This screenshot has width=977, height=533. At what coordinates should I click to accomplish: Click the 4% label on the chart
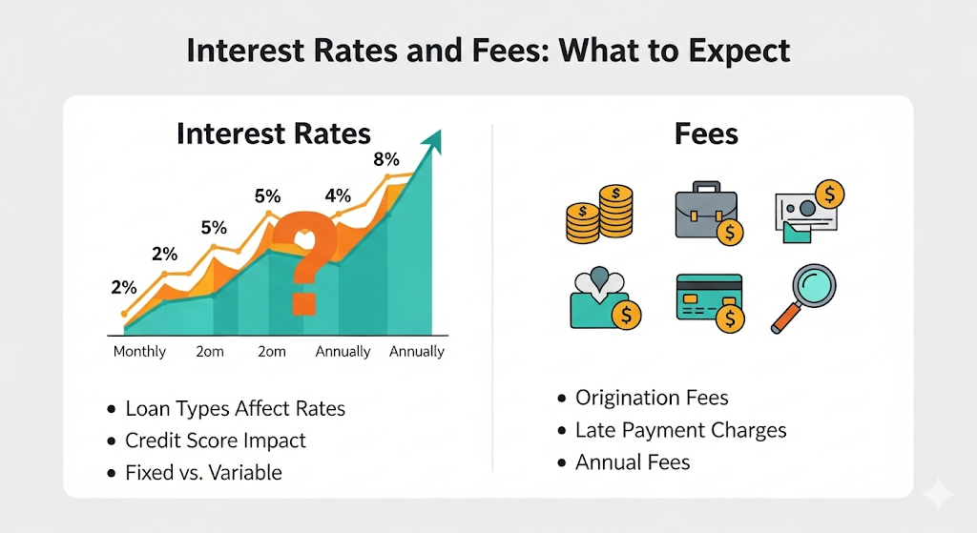click(x=338, y=196)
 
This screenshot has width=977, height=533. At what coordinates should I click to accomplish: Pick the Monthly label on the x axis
click(x=139, y=352)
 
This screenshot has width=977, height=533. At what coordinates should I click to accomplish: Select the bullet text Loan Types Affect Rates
click(x=235, y=409)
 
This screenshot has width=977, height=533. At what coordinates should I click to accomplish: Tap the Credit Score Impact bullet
click(x=216, y=441)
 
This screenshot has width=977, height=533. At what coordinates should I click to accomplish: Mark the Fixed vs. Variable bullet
click(x=203, y=472)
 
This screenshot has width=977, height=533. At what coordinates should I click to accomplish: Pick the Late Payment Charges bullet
click(x=680, y=430)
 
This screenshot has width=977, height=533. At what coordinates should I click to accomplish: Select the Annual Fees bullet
click(x=632, y=462)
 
